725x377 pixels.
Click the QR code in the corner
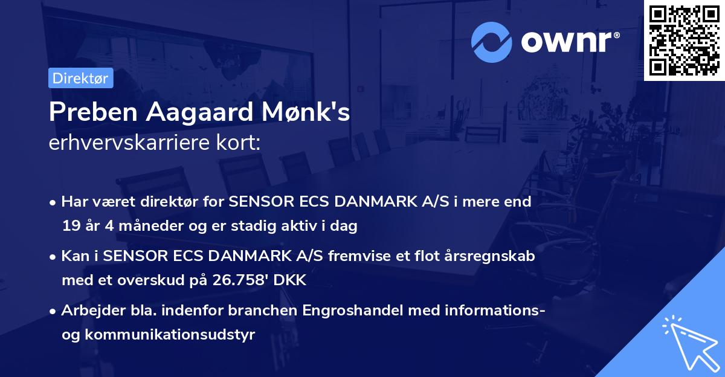[684, 40]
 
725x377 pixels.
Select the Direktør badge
[80, 78]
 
